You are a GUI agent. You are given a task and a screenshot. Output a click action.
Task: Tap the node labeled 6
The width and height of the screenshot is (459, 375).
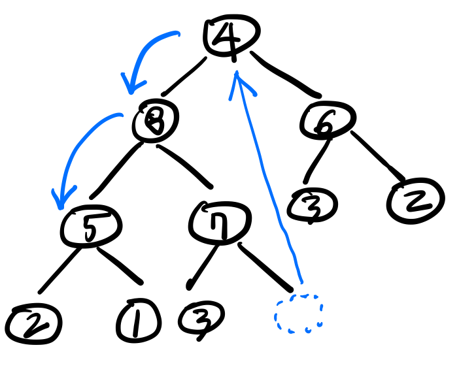pos(329,119)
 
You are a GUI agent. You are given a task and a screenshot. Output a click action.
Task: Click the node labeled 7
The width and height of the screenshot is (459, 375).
pos(220,222)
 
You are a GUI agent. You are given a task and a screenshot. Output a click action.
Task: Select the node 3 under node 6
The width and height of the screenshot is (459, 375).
pos(311,204)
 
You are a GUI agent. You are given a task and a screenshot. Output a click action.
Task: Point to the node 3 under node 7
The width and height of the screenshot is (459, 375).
pos(201,318)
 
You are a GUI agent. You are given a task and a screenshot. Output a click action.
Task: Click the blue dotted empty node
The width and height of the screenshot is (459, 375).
pos(299,314)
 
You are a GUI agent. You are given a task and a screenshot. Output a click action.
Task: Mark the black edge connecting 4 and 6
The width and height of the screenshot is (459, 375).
pos(285,76)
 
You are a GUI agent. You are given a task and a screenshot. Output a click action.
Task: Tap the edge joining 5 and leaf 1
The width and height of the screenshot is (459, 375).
pos(121,265)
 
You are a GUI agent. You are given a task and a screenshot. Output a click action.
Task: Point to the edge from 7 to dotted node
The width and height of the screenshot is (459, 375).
pos(265,266)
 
